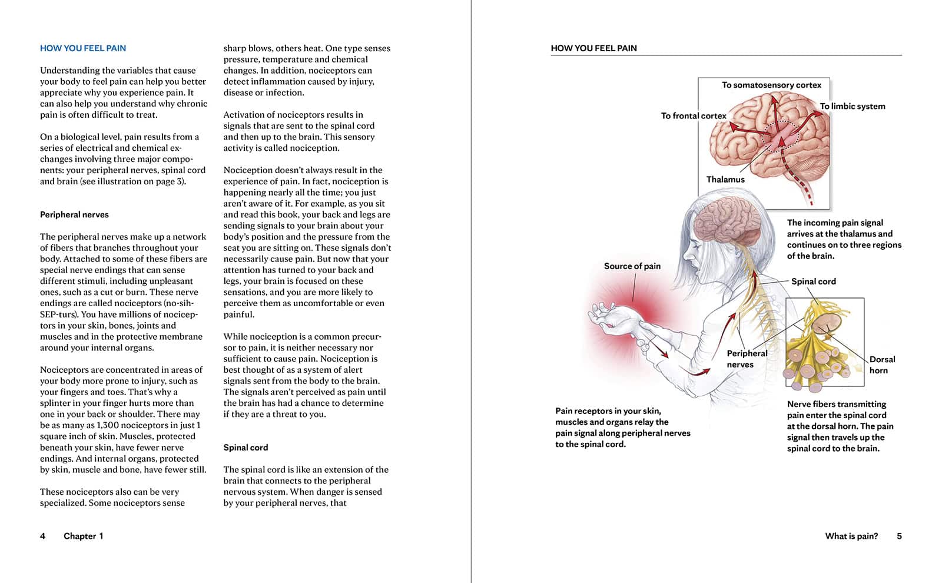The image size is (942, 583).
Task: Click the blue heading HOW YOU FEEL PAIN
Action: coord(83,48)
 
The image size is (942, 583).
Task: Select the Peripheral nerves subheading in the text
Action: coord(74,215)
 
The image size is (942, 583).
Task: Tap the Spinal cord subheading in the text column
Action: coord(246,448)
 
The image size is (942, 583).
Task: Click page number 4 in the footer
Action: coord(42,536)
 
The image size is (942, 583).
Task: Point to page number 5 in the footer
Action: coord(899,536)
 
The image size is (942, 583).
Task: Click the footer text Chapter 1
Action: coord(83,536)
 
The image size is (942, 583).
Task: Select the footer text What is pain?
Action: coord(851,536)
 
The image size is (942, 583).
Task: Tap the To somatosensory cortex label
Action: coord(771,85)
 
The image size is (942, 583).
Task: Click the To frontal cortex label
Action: coord(693,116)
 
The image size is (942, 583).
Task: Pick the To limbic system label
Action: coord(853,107)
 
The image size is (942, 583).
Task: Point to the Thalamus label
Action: coord(725,180)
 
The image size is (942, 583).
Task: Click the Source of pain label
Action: coord(632,266)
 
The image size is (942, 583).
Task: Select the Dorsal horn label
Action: coord(882,365)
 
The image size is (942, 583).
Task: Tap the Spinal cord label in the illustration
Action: coord(813,281)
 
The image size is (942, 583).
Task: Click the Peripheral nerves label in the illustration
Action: coord(747,359)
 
